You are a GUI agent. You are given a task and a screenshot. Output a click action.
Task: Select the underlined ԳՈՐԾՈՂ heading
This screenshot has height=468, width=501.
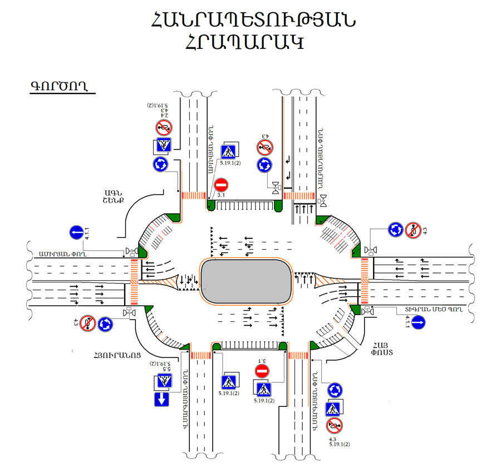[61, 87]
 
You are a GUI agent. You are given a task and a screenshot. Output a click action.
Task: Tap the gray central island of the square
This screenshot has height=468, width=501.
[247, 282]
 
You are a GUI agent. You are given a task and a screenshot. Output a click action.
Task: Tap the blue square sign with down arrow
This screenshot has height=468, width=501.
[162, 399]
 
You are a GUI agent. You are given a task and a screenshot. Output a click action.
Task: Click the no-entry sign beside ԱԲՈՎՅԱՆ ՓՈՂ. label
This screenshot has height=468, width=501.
[221, 185]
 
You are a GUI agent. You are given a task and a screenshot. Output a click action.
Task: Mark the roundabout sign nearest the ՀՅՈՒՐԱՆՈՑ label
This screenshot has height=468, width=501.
[106, 323]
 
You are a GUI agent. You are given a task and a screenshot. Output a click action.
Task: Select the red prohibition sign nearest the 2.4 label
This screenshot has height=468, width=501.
[163, 128]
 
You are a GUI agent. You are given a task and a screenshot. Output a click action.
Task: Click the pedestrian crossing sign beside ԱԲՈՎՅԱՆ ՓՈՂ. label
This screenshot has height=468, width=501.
[229, 151]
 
